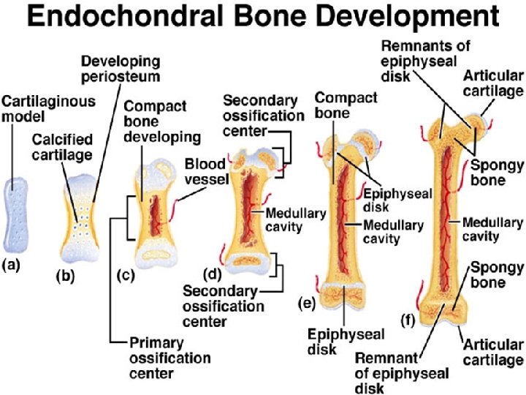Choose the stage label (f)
[411, 319]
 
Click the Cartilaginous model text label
[38, 110]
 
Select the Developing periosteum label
[120, 68]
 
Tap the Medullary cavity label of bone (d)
[290, 221]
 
